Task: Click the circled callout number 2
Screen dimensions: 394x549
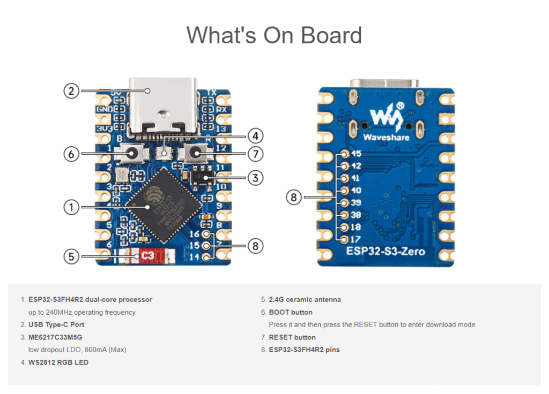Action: (x=71, y=90)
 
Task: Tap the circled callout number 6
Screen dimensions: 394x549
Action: (x=71, y=154)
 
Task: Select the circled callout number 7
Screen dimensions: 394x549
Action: (x=256, y=154)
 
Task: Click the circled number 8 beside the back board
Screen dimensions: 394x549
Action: (x=293, y=198)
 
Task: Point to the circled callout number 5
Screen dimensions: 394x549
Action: (x=71, y=256)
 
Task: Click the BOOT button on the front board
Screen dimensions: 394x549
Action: (x=131, y=154)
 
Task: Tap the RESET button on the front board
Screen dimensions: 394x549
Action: (x=197, y=154)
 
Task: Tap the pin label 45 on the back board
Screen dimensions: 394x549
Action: (x=355, y=154)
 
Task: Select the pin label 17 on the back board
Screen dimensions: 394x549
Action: (x=355, y=239)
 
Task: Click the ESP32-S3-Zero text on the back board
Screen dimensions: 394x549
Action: (x=386, y=251)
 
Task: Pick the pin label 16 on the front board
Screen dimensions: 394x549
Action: (x=195, y=234)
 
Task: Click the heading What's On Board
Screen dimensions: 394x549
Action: (x=274, y=35)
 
